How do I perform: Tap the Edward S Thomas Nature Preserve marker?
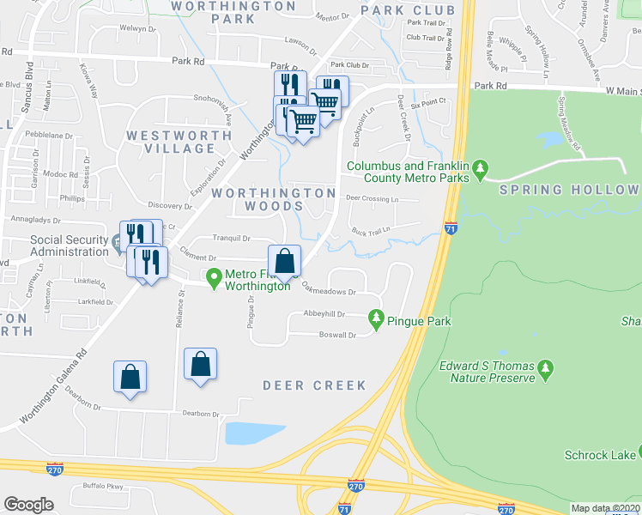[544, 372]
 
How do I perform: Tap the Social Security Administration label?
[69, 246]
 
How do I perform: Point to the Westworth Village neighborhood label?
[170, 142]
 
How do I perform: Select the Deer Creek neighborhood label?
[314, 385]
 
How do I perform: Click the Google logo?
[28, 505]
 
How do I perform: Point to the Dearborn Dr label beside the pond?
[202, 414]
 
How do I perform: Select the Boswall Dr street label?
[337, 335]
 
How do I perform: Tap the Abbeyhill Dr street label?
[323, 315]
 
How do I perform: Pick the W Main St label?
[622, 90]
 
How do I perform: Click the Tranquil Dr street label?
[231, 239]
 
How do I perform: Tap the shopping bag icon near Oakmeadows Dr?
[284, 262]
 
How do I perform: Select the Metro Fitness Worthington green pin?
[215, 276]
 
